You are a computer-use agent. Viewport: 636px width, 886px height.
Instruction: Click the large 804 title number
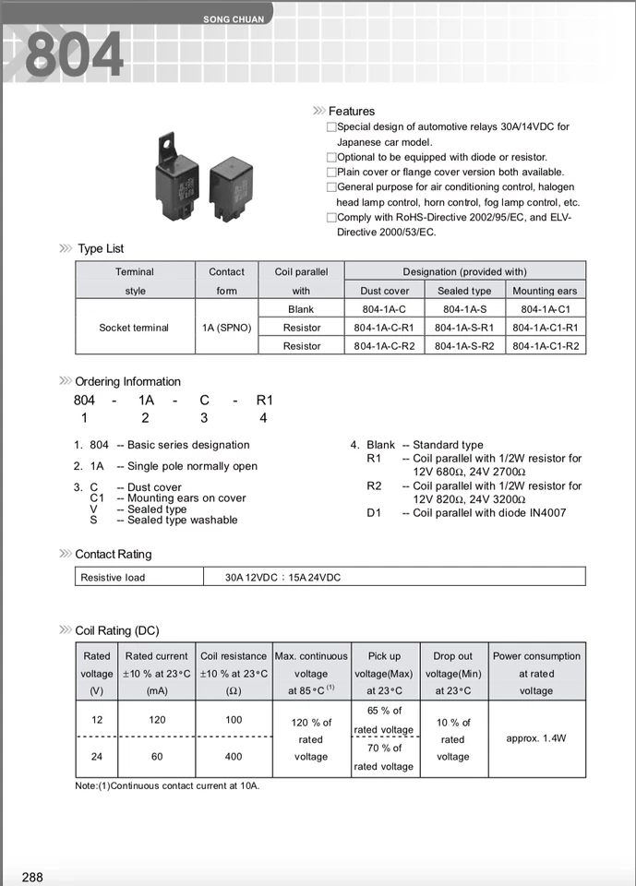tap(74, 54)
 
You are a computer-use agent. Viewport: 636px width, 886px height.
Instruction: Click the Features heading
tap(352, 111)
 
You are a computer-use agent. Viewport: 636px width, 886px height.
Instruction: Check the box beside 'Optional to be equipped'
tap(331, 157)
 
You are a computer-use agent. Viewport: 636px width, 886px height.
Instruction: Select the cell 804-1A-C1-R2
tap(546, 346)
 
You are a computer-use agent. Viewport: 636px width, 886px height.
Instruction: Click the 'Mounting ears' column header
tap(545, 291)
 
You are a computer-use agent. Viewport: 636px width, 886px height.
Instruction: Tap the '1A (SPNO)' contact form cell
tap(226, 328)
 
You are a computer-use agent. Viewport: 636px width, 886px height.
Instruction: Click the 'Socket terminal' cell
tap(134, 328)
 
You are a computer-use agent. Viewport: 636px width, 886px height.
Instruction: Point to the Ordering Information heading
tap(127, 381)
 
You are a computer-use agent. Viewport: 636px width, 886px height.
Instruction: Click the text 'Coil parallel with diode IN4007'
tap(489, 513)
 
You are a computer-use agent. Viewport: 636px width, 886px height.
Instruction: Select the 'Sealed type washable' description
tap(182, 521)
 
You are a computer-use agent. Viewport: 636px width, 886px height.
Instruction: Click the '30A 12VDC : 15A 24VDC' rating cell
tap(282, 577)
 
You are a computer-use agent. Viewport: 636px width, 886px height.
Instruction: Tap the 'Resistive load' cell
tap(113, 577)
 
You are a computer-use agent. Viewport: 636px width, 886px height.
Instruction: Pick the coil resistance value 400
tap(234, 756)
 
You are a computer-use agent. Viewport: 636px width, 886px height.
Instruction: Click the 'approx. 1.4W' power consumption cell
tap(536, 738)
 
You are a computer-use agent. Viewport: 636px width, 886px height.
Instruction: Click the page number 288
tap(32, 877)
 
